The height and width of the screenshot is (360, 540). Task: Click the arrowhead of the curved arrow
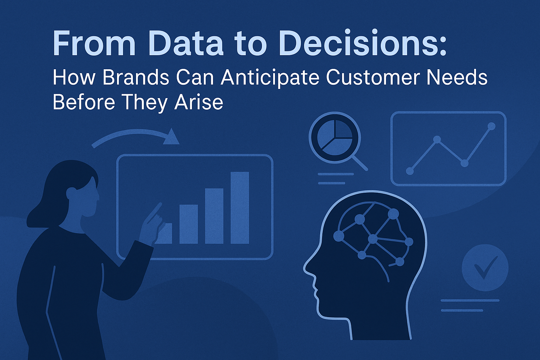click(x=172, y=137)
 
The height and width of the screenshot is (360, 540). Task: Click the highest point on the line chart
click(x=491, y=126)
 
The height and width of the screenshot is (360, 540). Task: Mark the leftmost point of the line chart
click(x=410, y=171)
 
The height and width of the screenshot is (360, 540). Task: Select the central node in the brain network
click(x=372, y=239)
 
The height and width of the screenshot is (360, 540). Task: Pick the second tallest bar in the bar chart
click(x=214, y=216)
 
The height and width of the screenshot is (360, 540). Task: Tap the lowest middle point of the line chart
click(x=464, y=163)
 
